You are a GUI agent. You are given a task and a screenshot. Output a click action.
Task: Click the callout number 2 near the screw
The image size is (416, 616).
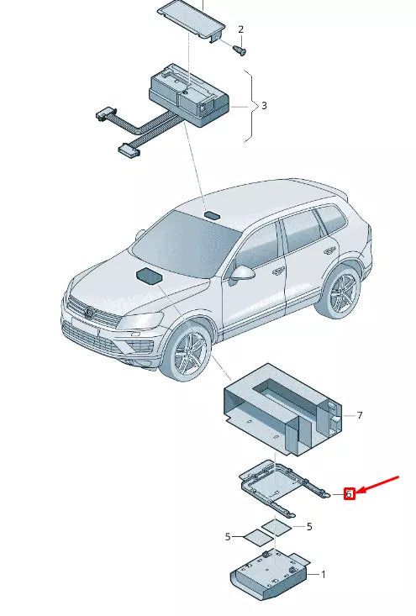240,29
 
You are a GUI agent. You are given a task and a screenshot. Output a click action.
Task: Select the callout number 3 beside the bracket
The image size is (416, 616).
264,106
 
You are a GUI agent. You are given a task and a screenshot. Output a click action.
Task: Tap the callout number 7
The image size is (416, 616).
359,415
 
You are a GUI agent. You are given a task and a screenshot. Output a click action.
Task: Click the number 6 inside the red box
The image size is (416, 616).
349,494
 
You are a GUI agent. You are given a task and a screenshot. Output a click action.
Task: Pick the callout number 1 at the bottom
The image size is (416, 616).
323,574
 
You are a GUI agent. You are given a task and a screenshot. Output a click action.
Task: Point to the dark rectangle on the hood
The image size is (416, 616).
150,276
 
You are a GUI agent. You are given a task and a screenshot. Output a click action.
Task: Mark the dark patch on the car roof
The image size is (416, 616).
211,216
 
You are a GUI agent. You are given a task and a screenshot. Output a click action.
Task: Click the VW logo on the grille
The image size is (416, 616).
87,313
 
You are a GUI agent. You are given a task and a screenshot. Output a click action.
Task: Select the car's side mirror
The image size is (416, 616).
244,273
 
